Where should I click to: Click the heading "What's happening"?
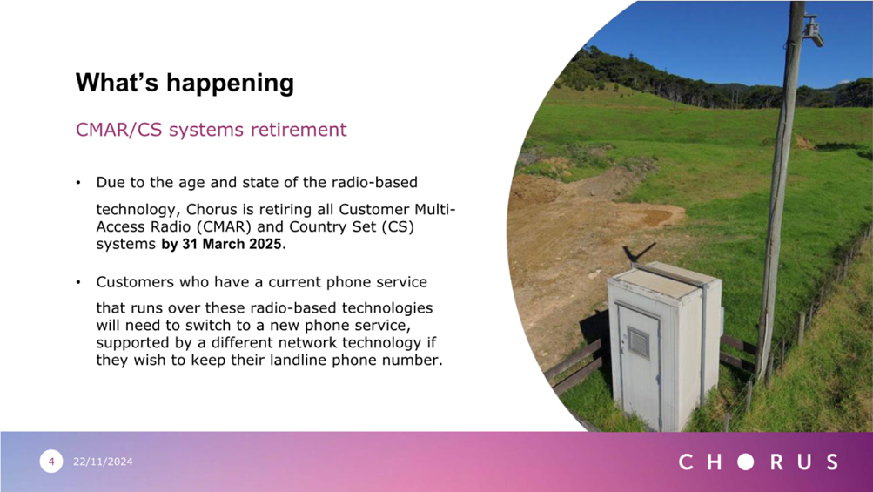(185, 83)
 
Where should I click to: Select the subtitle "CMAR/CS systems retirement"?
(211, 129)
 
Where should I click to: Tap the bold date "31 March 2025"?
(232, 244)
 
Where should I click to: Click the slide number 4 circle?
(51, 462)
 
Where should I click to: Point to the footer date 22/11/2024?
(103, 462)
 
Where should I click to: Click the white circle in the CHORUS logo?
(746, 462)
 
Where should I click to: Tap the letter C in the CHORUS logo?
(686, 462)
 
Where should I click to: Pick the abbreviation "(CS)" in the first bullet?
(398, 226)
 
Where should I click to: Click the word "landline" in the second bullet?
(299, 360)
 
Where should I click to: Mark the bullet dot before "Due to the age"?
(78, 183)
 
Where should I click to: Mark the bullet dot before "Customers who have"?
(78, 282)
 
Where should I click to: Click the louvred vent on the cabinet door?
(639, 341)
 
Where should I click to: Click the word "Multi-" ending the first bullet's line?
(435, 210)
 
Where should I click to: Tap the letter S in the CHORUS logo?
(832, 462)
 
